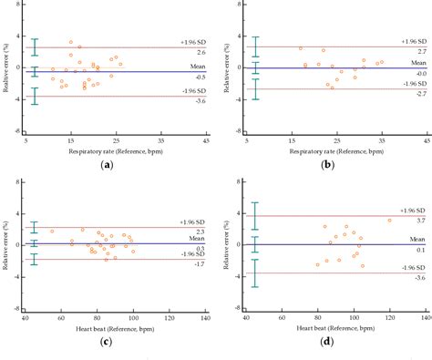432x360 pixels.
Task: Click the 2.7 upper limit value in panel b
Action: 416,53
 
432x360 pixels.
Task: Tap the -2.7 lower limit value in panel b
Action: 416,95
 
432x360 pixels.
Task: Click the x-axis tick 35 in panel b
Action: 381,141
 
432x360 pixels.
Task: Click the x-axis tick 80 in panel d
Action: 316,319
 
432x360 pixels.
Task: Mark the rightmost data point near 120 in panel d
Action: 389,221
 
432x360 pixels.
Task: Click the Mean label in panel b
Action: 416,61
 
